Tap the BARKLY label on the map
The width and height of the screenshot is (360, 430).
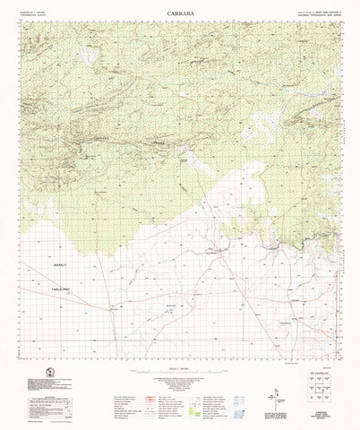point(60,266)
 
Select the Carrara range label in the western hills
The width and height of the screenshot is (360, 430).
point(101,137)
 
